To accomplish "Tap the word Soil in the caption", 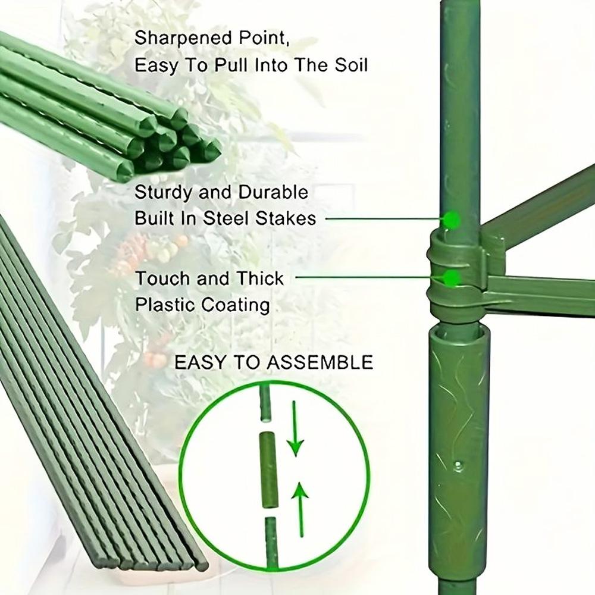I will (x=350, y=64).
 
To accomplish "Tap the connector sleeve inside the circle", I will (x=269, y=470).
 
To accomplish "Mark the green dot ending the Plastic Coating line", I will (x=453, y=278).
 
